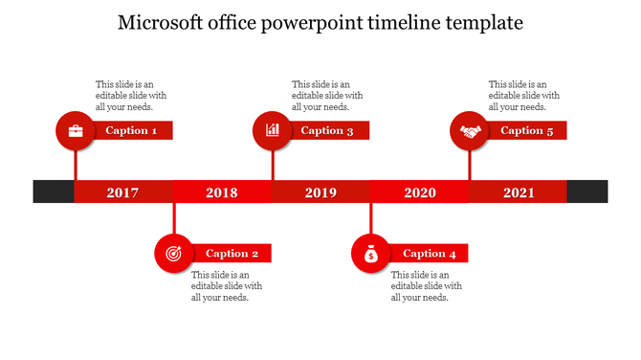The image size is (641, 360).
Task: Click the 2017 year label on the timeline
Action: [122, 192]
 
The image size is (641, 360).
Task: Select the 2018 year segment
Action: [222, 192]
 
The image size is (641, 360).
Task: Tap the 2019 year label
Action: [320, 192]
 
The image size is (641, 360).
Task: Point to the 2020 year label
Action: [420, 192]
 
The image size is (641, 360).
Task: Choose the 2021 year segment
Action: [519, 192]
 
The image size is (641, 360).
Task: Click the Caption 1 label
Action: [132, 130]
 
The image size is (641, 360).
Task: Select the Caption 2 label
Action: [232, 254]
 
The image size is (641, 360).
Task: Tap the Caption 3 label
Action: [328, 130]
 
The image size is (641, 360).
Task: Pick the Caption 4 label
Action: [430, 254]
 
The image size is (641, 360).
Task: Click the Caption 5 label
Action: [527, 130]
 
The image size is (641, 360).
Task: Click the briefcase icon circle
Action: [76, 130]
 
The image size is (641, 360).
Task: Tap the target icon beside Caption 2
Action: [173, 254]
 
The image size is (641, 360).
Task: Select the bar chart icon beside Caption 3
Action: [273, 130]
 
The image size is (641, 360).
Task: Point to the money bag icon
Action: [372, 254]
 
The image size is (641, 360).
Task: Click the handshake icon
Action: [470, 131]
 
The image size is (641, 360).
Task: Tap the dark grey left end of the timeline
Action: [54, 191]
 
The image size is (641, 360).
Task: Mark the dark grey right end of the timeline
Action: [586, 191]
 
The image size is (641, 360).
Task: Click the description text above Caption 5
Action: [524, 96]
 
